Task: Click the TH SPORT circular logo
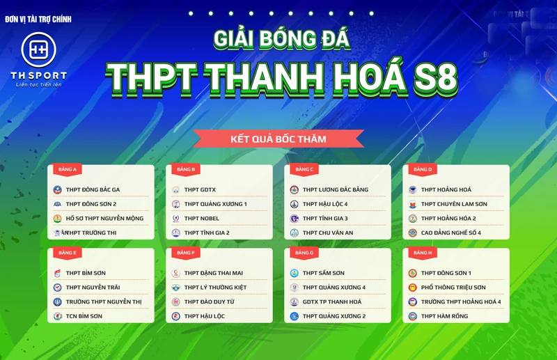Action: click(x=38, y=49)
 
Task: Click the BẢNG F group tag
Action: click(x=186, y=253)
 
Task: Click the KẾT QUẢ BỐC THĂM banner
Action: click(x=278, y=139)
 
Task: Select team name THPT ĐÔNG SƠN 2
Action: click(x=91, y=204)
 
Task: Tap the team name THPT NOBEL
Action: click(x=202, y=219)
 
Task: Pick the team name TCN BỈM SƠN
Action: click(x=84, y=316)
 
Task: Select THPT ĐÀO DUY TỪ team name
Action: click(x=210, y=302)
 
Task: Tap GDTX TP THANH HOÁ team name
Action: click(x=332, y=302)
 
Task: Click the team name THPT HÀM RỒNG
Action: click(x=444, y=316)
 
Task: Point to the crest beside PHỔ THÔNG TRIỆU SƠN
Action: click(x=412, y=288)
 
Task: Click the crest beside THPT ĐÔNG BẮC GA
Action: click(x=58, y=189)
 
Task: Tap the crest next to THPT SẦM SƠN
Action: click(x=295, y=273)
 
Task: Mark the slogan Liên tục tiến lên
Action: click(x=39, y=84)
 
